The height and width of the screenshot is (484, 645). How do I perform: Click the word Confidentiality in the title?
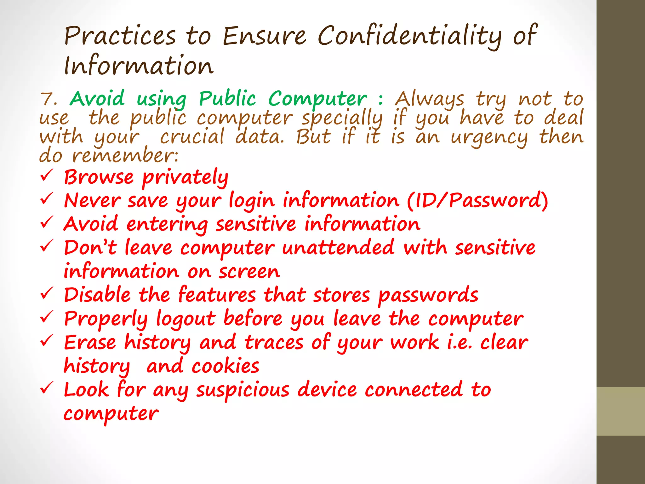pos(409,36)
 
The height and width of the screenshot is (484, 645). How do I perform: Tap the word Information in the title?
pos(139,66)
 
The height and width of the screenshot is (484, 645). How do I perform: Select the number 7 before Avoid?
pos(47,99)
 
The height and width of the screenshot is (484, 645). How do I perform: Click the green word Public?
pos(227,99)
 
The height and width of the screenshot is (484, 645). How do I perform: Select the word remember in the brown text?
pos(125,156)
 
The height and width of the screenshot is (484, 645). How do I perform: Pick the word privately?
pos(185,178)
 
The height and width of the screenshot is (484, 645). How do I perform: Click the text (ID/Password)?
pos(477,201)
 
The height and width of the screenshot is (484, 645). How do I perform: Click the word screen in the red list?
pos(249,272)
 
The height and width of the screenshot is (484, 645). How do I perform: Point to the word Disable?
pos(97,295)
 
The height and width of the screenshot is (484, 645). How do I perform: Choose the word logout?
pos(186,319)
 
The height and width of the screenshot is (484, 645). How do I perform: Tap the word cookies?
pos(225,366)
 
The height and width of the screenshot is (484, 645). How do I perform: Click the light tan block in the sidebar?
pos(621,411)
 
